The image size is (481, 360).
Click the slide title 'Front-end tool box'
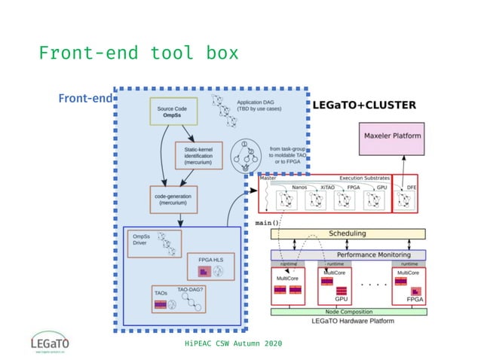click(138, 53)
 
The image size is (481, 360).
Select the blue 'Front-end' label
click(84, 99)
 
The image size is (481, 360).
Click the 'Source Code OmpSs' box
click(171, 112)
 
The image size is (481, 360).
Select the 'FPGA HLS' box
click(210, 266)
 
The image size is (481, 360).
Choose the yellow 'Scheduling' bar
click(348, 233)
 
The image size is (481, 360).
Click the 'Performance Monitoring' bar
click(348, 255)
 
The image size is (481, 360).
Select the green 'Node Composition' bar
click(348, 311)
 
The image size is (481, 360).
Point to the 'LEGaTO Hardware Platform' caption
click(348, 321)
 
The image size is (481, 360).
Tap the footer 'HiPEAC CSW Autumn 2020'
click(233, 343)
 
